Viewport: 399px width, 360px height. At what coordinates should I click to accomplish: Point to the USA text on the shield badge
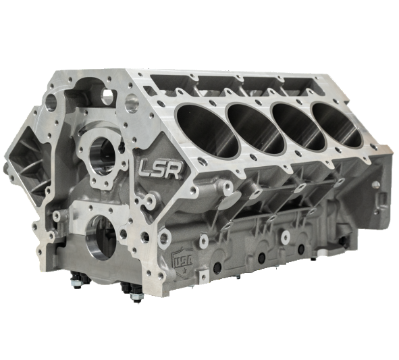pyautogui.click(x=181, y=258)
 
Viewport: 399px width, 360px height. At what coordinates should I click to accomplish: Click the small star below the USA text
pyautogui.click(x=182, y=268)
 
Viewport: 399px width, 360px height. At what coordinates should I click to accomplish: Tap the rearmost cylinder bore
pyautogui.click(x=339, y=122)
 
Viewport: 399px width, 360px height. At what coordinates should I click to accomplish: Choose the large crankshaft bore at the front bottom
pyautogui.click(x=99, y=238)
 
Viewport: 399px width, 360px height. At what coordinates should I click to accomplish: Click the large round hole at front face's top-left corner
pyautogui.click(x=51, y=103)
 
